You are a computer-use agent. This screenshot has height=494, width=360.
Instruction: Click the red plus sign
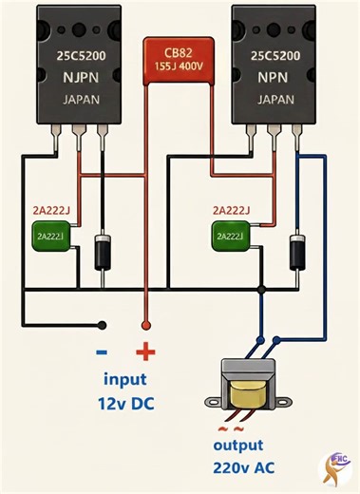pos(145,353)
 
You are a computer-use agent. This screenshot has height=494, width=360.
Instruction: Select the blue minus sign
pos(102,352)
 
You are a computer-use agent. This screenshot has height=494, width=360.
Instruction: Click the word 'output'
pos(249,444)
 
